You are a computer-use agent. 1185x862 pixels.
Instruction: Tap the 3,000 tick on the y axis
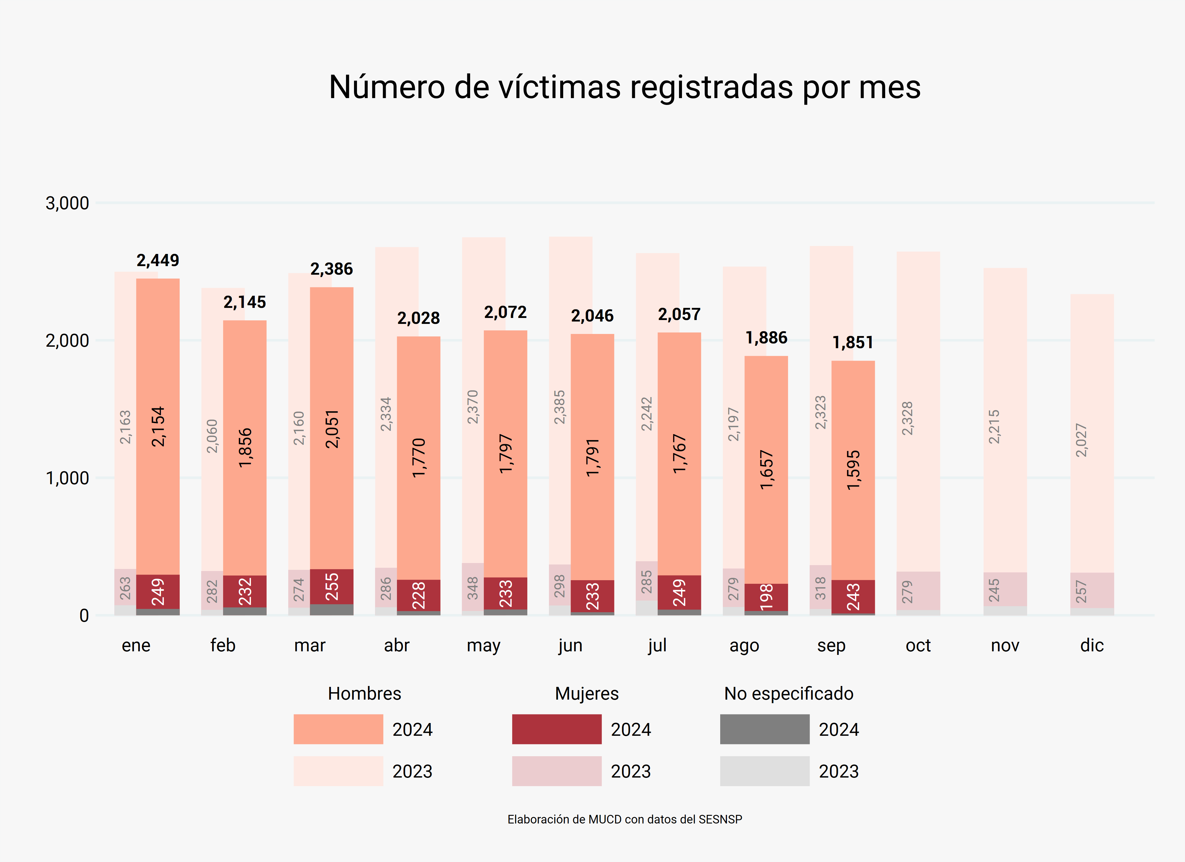[67, 203]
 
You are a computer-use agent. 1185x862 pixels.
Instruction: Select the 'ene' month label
[136, 646]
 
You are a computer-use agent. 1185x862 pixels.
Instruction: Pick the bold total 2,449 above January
[158, 260]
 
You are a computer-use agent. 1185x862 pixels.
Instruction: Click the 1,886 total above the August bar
[766, 338]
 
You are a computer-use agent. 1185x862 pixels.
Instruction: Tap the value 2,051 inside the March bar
[332, 429]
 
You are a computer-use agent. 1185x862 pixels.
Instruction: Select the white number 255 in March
[332, 586]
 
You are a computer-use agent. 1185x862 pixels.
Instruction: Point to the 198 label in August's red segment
[766, 597]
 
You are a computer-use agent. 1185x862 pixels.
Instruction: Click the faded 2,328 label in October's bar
[907, 418]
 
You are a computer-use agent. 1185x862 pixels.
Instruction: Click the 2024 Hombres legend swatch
[338, 729]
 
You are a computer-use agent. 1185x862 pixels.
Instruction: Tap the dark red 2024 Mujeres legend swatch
[556, 729]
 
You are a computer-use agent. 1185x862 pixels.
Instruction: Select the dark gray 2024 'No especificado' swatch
[764, 729]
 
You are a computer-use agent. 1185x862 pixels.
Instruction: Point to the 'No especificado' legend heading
[788, 694]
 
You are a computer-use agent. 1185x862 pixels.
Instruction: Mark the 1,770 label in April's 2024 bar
[419, 458]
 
